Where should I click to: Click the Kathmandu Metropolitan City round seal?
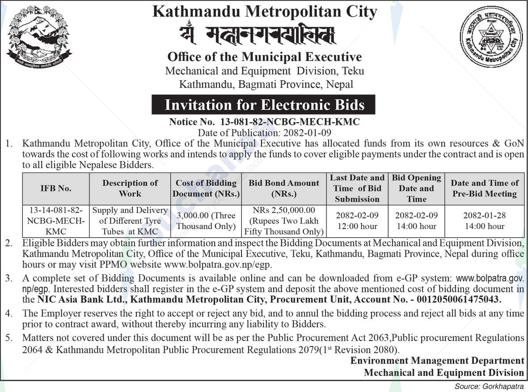tap(491, 38)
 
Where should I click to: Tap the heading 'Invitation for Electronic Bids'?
tap(265, 105)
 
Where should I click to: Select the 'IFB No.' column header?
tap(56, 188)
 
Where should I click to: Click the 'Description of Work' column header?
tap(130, 188)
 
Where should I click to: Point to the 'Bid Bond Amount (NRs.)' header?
tap(284, 188)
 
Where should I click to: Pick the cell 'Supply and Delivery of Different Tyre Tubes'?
tap(130, 221)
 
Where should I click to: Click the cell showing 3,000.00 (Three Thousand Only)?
tap(206, 221)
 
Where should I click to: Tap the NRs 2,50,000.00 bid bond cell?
tap(284, 221)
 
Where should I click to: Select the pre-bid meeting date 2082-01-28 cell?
tap(485, 221)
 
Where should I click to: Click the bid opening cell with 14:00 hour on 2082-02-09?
tap(416, 221)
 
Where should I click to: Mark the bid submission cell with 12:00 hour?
tap(357, 221)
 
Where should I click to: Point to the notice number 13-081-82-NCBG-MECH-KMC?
tap(290, 122)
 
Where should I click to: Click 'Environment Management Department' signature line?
tap(437, 361)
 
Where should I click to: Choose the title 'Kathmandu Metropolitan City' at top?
tap(265, 12)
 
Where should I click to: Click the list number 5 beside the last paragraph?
tap(8, 338)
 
